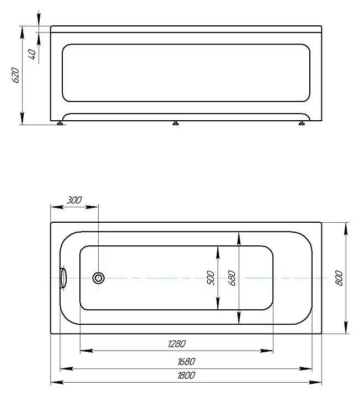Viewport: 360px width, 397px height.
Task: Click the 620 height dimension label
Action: click(15, 75)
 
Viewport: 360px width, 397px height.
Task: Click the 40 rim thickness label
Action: click(32, 55)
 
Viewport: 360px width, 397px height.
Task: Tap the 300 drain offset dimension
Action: click(74, 200)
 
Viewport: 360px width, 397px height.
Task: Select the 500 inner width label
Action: click(211, 278)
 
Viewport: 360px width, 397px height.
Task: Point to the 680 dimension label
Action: click(232, 278)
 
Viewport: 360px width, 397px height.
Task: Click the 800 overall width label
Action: click(339, 278)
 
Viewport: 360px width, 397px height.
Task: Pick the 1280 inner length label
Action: click(177, 344)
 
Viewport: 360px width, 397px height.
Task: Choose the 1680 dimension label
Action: click(186, 362)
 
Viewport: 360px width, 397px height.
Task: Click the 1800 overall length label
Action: click(186, 375)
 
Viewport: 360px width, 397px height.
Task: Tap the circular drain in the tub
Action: click(99, 278)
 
